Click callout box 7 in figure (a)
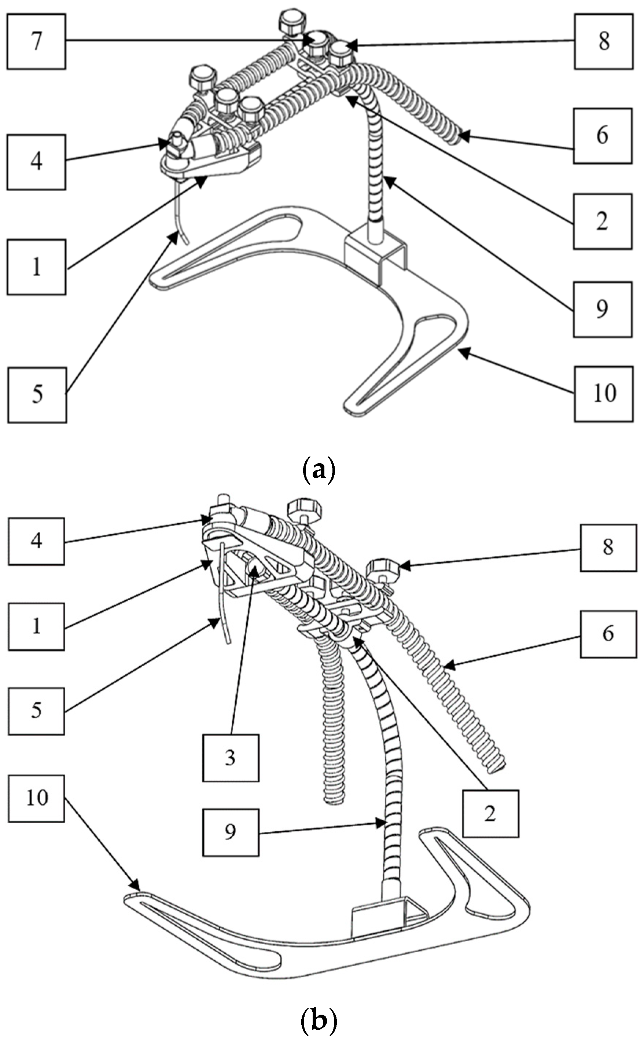(x=36, y=41)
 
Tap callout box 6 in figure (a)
(x=602, y=136)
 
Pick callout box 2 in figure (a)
(x=601, y=221)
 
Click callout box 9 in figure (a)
(x=601, y=309)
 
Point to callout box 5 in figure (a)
(x=37, y=395)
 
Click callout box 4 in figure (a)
(x=36, y=162)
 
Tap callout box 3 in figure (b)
(x=231, y=758)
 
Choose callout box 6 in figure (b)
(x=608, y=634)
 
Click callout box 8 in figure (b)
(x=608, y=547)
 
